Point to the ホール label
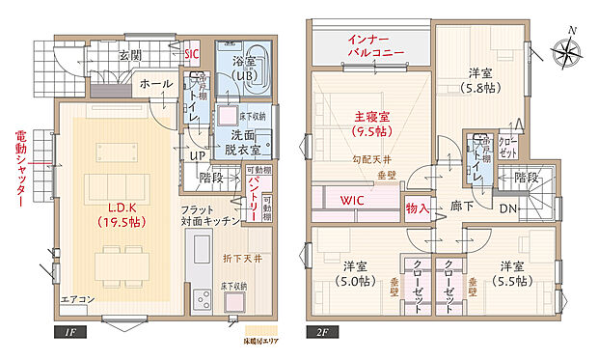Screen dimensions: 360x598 coord(157,85)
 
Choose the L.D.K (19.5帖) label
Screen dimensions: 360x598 coord(120,215)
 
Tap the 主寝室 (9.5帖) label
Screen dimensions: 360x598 coord(371,123)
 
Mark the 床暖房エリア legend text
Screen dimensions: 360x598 coord(253,341)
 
